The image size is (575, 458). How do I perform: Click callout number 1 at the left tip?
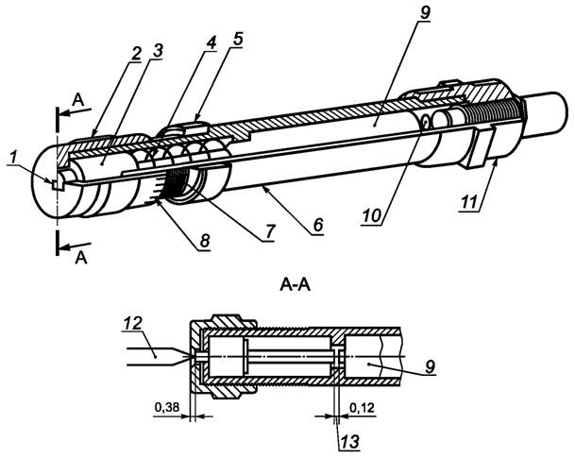13,159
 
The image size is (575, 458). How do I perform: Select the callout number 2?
136,54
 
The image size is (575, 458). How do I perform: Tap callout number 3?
158,51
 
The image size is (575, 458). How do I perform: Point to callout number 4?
211,42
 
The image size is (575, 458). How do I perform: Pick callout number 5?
238,39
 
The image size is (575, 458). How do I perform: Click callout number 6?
318,224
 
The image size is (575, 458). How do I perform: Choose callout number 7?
269,231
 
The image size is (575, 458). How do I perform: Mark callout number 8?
204,241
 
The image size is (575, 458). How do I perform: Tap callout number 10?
371,216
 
